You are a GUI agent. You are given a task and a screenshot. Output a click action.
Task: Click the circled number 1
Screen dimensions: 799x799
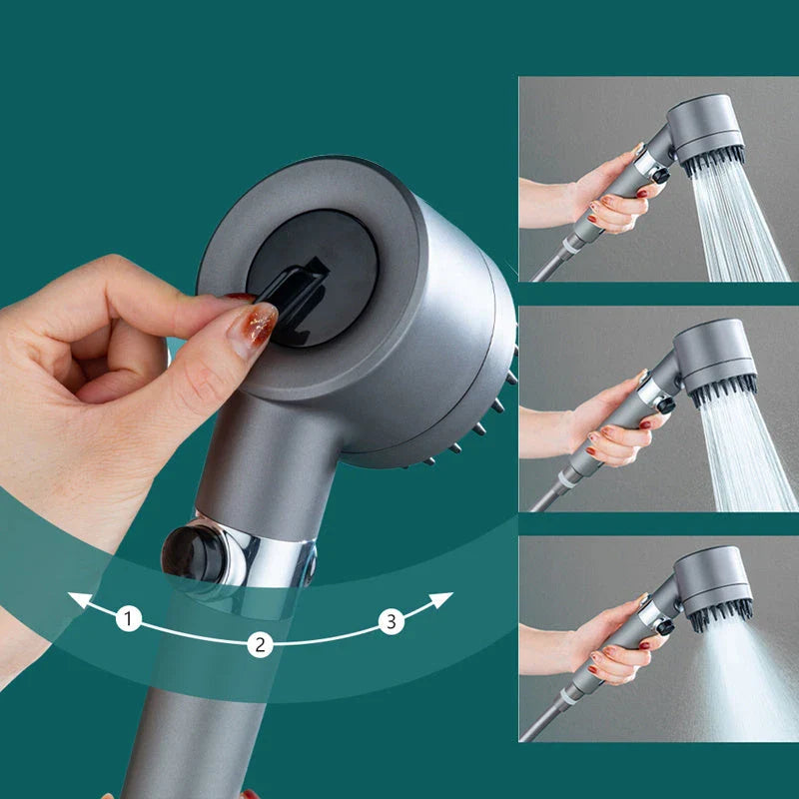pyautogui.click(x=128, y=619)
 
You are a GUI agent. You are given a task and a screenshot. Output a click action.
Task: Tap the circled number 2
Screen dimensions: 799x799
pyautogui.click(x=260, y=644)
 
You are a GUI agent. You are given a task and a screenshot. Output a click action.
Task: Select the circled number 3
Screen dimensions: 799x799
pyautogui.click(x=391, y=622)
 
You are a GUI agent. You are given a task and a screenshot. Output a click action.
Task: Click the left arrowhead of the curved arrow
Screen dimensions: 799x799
pyautogui.click(x=75, y=599)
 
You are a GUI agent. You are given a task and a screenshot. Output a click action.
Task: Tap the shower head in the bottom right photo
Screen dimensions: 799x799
pyautogui.click(x=713, y=583)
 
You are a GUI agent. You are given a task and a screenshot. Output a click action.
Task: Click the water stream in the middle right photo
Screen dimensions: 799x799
pyautogui.click(x=744, y=449)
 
